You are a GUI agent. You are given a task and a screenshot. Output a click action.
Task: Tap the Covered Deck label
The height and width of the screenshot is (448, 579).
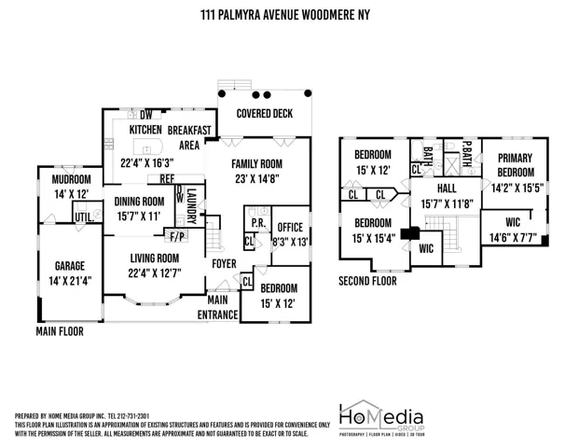click(264, 113)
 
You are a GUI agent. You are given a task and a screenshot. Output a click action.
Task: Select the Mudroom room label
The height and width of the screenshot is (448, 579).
click(72, 179)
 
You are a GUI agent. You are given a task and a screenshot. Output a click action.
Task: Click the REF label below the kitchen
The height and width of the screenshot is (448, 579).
click(167, 179)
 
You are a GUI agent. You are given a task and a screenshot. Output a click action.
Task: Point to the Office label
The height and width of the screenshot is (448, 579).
click(290, 227)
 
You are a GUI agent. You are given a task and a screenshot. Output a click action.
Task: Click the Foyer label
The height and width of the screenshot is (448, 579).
click(224, 263)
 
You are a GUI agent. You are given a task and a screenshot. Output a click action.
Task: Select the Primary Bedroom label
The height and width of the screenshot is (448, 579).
click(515, 165)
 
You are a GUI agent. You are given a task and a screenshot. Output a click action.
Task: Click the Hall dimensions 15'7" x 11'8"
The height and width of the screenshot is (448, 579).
click(448, 204)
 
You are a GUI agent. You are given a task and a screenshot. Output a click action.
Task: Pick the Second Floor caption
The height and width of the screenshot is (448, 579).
click(367, 280)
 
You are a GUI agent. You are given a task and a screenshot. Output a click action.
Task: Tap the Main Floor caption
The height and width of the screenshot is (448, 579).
click(58, 331)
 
